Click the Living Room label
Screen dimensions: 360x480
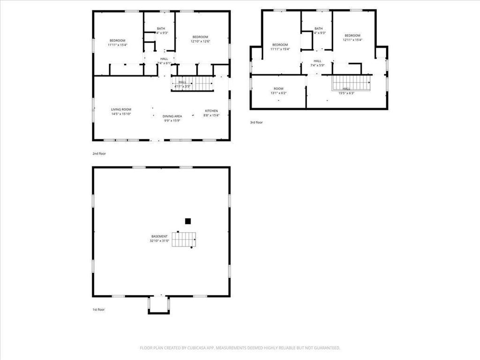[x=121, y=109]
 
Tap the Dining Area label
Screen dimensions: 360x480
[x=172, y=116]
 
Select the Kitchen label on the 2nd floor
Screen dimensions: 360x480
[x=211, y=111]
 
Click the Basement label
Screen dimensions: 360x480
[x=159, y=236]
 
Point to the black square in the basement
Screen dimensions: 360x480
[x=188, y=221]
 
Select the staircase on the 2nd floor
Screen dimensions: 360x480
[x=197, y=83]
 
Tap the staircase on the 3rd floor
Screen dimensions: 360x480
[x=352, y=83]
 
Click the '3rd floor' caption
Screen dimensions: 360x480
[x=256, y=122]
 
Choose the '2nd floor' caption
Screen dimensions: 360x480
[x=99, y=153]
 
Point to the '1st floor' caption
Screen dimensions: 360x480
[x=98, y=309]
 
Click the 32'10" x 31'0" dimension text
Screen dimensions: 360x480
[x=159, y=241]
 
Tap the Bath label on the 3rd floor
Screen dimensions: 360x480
[x=319, y=29]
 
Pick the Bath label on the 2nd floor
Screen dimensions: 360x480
[x=161, y=29]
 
